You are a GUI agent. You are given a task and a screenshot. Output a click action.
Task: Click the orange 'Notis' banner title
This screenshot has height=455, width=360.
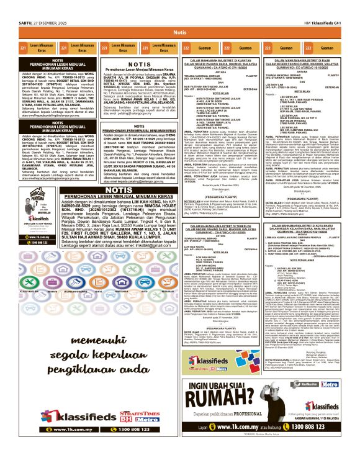click(180, 32)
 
